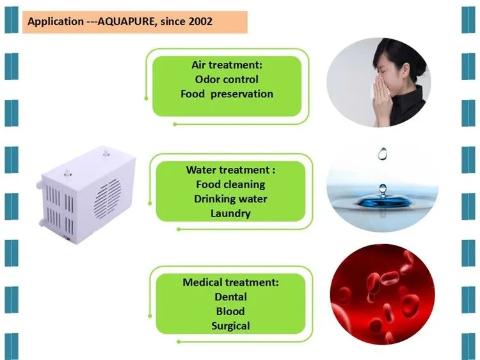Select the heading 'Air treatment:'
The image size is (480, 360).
227,65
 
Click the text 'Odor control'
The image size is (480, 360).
227,79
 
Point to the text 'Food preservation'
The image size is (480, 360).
227,94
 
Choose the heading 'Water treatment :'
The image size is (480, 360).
230,170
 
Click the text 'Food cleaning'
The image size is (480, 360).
230,184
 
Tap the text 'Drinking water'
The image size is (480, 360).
230,199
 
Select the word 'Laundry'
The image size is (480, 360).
230,213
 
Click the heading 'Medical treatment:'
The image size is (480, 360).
230,282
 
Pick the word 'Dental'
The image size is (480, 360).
230,297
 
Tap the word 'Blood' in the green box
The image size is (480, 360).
230,311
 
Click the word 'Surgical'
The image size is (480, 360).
230,325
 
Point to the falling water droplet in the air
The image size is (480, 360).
383,154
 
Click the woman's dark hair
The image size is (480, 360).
397,51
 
